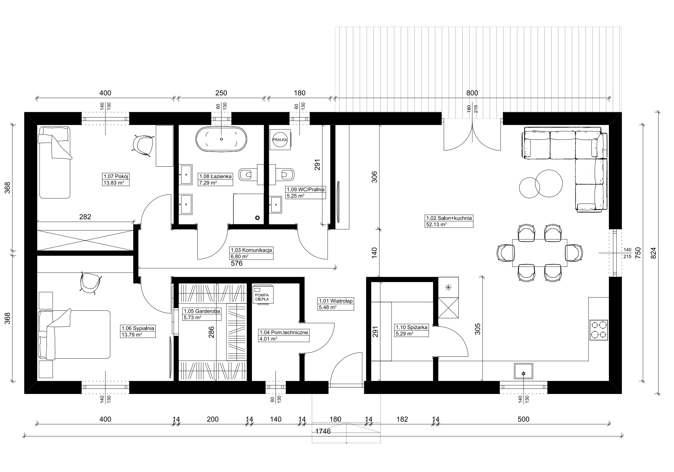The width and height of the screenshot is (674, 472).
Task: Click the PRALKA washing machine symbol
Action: (280, 139)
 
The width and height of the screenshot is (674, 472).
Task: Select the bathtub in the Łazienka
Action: (221, 139)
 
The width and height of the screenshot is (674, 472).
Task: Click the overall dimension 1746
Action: (323, 431)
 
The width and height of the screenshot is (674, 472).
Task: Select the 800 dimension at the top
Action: (472, 93)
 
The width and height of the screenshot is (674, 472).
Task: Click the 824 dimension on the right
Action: (653, 253)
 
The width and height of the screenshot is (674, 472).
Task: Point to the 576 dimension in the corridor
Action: (237, 264)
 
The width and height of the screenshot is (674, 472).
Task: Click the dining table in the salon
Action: (540, 253)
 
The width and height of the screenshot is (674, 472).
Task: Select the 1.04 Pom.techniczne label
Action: (284, 333)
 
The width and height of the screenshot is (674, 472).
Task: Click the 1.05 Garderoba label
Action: (202, 311)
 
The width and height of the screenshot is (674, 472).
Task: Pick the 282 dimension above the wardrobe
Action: (85, 217)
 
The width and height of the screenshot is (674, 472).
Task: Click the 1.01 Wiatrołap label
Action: (335, 301)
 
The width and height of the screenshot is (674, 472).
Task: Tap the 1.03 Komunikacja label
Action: (252, 250)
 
